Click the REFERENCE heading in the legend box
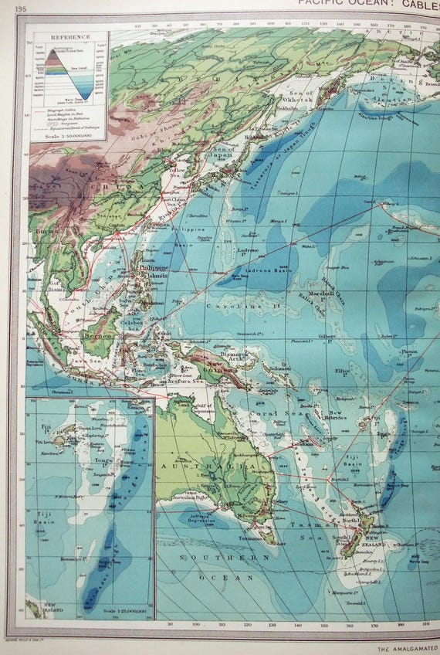(x=70, y=36)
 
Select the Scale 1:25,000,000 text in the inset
(x=124, y=612)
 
